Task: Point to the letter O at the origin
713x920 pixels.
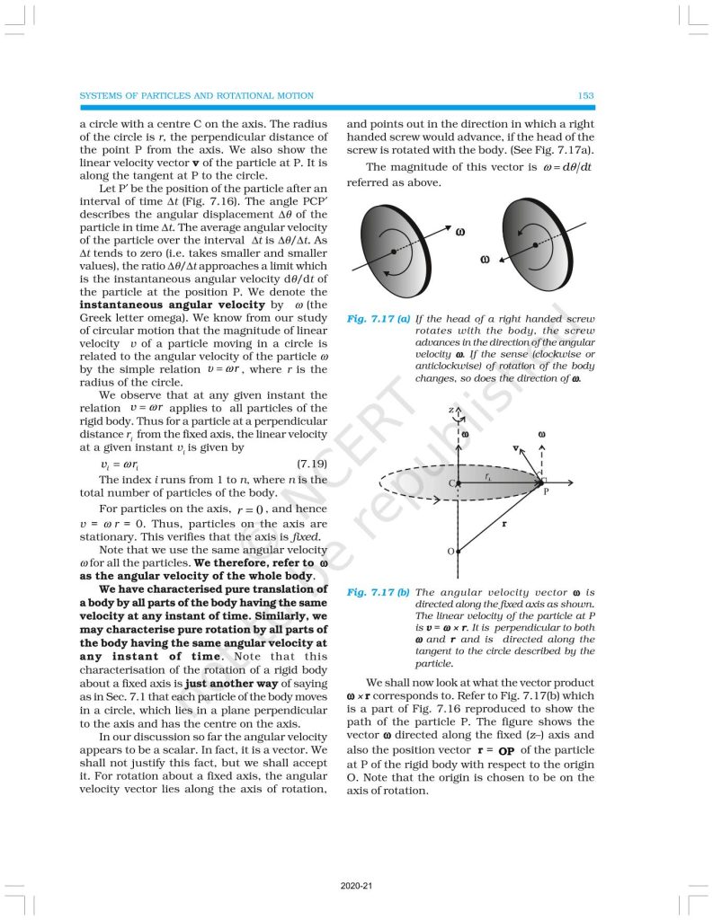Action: pyautogui.click(x=450, y=551)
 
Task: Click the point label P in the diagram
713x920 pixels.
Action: pyautogui.click(x=545, y=492)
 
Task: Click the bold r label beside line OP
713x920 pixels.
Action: pyautogui.click(x=504, y=521)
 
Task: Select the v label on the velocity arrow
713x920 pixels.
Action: pyautogui.click(x=515, y=447)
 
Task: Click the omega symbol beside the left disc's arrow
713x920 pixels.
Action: pyautogui.click(x=460, y=232)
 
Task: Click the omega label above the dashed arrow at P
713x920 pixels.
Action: pyautogui.click(x=542, y=435)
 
